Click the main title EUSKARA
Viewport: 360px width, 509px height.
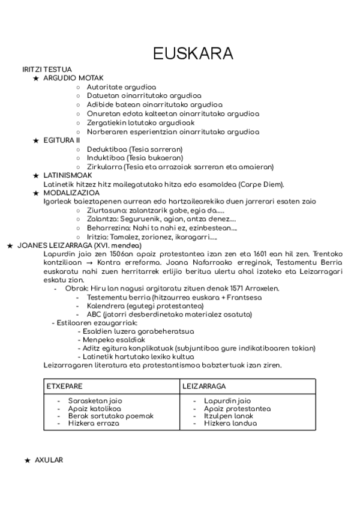tap(193, 53)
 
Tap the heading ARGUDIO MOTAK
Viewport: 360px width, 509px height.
tap(73, 78)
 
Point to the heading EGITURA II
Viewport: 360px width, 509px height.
tap(61, 140)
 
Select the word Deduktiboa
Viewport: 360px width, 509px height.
tap(106, 149)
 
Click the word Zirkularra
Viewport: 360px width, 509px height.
tap(105, 167)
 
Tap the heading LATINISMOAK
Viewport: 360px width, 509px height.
tap(67, 175)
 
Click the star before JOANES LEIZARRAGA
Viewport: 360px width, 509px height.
tap(9, 245)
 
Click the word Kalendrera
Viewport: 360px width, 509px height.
tap(106, 306)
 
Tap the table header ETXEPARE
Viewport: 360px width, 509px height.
tap(64, 386)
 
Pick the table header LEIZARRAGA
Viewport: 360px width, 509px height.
tap(204, 386)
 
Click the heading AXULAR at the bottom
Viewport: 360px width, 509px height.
tap(49, 460)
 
